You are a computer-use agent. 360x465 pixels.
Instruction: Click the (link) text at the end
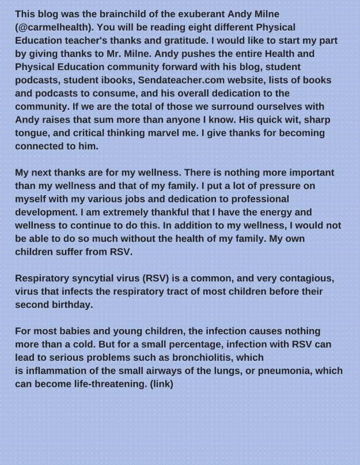[x=161, y=384]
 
